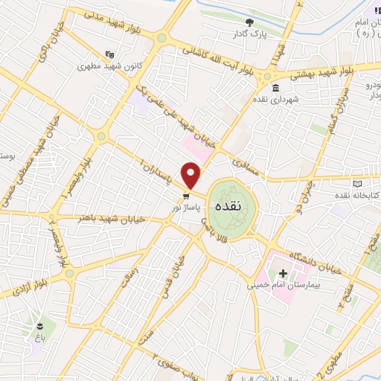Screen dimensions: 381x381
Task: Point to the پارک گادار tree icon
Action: tap(250, 22)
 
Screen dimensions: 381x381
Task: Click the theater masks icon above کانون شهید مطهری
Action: tap(111, 54)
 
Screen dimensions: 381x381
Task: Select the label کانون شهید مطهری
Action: tap(112, 65)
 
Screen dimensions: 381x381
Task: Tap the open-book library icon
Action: tap(358, 183)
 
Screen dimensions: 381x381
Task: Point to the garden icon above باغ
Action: tap(38, 324)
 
